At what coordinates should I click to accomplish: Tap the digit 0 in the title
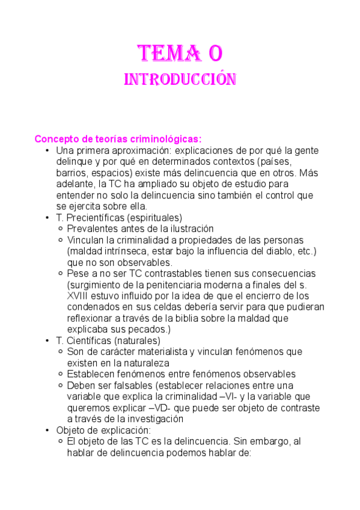pos(215,54)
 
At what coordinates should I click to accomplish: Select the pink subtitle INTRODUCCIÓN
pos(180,79)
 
